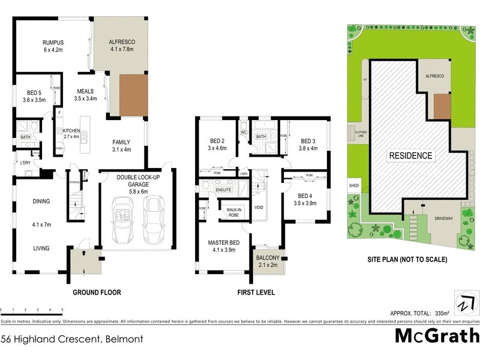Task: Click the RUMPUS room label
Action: (53, 42)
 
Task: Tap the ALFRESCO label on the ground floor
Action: (122, 42)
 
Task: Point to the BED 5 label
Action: (34, 92)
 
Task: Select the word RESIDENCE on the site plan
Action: (411, 155)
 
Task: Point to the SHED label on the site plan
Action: (353, 186)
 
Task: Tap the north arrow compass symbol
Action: (464, 303)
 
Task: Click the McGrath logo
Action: (436, 335)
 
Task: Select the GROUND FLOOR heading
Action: (97, 293)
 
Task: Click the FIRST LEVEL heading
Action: (256, 293)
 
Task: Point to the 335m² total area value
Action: (460, 313)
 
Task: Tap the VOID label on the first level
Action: (259, 208)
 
